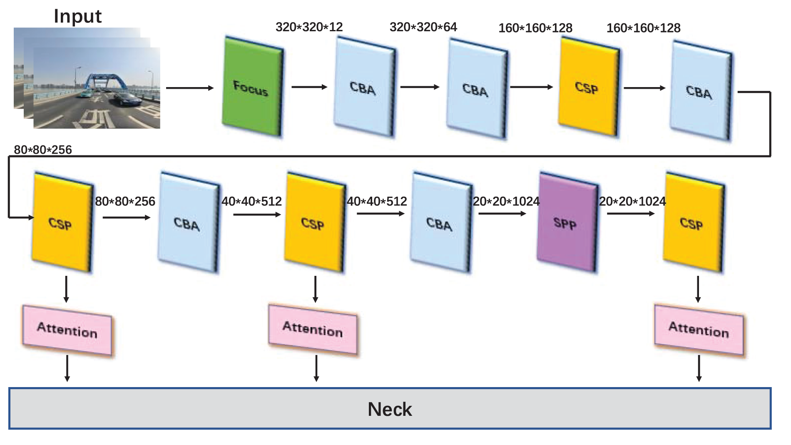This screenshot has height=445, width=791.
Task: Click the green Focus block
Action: (253, 87)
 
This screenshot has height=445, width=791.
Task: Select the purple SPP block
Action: (568, 222)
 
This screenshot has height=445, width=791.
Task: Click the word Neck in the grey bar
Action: (390, 409)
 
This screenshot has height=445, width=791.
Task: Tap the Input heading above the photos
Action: (78, 17)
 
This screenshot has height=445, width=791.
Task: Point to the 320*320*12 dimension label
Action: (309, 27)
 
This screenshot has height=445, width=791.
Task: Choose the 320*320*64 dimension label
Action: (423, 27)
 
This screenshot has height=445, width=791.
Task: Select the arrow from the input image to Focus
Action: (190, 88)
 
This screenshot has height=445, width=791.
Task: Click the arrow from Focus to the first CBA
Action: (309, 87)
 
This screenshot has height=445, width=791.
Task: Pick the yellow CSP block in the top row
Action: (589, 87)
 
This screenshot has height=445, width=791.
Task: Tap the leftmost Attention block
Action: (67, 330)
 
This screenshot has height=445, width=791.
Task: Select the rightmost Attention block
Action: (699, 330)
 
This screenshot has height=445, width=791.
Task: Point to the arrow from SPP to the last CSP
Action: (631, 214)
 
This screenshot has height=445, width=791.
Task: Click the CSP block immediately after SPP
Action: (694, 222)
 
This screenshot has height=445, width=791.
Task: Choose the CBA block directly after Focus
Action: (364, 87)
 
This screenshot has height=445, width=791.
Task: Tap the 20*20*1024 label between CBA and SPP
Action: (506, 202)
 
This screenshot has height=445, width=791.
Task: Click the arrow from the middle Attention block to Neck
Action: (316, 368)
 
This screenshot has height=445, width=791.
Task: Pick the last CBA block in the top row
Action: (701, 90)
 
